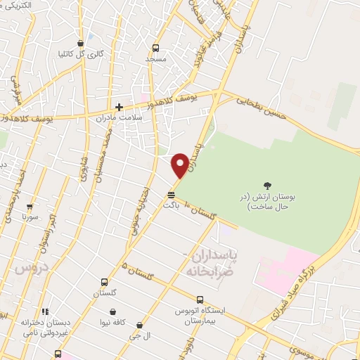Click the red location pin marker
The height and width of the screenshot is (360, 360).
(180, 165)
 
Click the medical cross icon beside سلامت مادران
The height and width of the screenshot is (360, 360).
(120, 108)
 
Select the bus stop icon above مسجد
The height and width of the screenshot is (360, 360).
(155, 49)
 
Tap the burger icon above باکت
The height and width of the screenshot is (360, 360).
(171, 194)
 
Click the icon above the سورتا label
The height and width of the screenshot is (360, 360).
(30, 207)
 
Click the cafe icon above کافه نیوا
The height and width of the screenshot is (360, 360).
(112, 311)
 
